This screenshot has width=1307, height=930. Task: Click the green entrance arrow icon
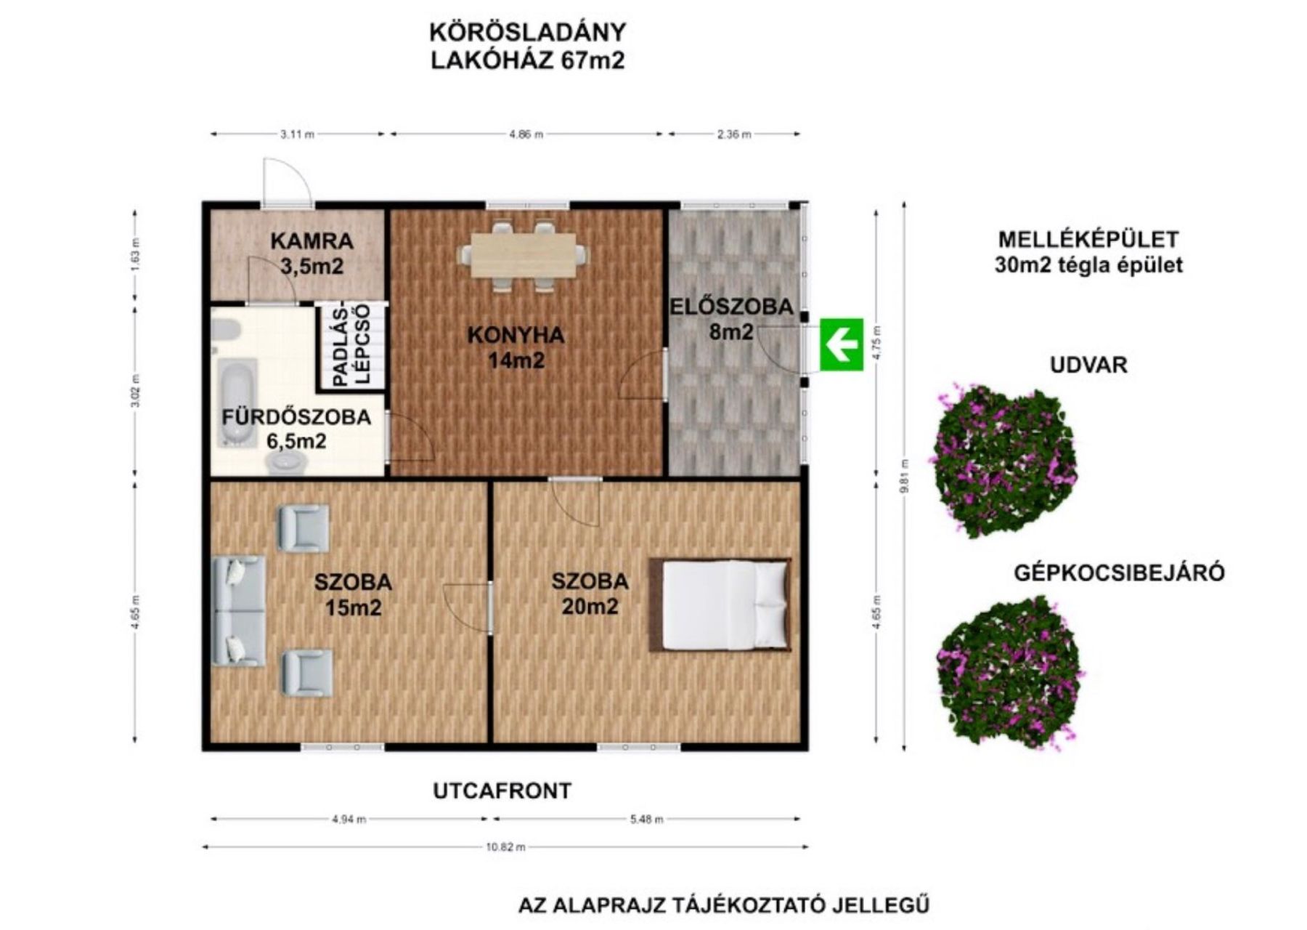[842, 344]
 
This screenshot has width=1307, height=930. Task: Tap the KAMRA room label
[312, 240]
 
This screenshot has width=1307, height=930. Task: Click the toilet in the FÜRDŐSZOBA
[286, 461]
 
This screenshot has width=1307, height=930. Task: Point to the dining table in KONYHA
[523, 255]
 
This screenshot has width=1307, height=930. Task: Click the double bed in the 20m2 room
[720, 604]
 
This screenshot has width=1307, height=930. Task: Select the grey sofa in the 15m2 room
[238, 611]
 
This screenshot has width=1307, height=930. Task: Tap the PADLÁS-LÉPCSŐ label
[352, 344]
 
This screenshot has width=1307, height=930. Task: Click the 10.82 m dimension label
[505, 846]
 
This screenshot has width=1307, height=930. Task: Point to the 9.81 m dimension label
[904, 476]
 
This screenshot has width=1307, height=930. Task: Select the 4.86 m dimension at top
[526, 134]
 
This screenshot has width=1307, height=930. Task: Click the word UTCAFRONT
[502, 790]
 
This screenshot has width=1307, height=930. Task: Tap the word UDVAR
[1088, 365]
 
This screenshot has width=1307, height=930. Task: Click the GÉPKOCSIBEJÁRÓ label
[1119, 573]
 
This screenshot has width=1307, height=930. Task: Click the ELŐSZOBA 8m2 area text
[731, 319]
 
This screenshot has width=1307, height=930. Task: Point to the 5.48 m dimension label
[646, 819]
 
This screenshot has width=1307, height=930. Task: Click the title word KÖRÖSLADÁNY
[528, 33]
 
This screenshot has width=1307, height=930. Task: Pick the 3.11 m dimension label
[298, 134]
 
